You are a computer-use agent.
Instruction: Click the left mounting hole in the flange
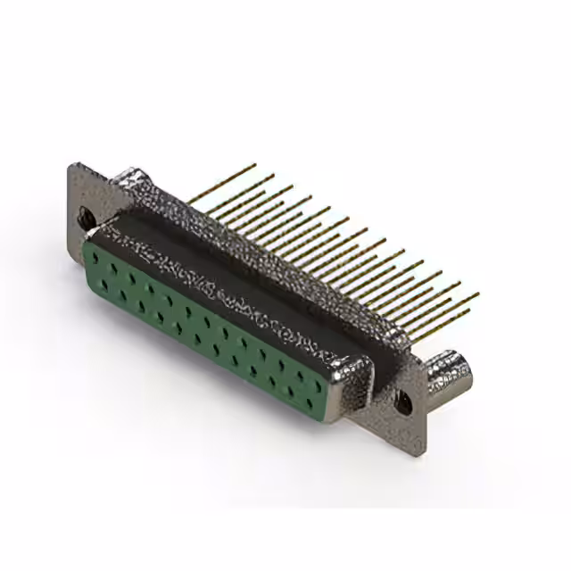pos(87,215)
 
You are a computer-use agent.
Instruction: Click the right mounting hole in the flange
pos(401,400)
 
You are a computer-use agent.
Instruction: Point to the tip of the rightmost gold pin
pos(478,294)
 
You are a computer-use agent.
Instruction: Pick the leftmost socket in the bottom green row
pos(104,285)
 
